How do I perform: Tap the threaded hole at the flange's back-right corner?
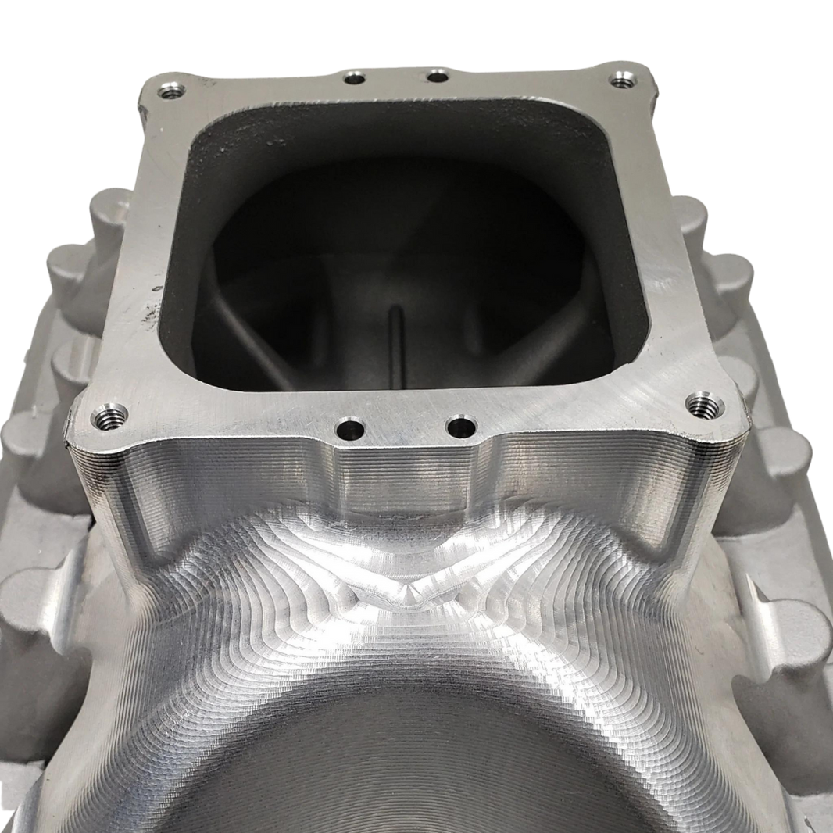pyautogui.click(x=621, y=81)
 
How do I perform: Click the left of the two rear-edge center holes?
pyautogui.click(x=356, y=78)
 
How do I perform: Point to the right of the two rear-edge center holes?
pyautogui.click(x=438, y=77)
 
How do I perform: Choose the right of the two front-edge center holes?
pyautogui.click(x=461, y=427)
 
